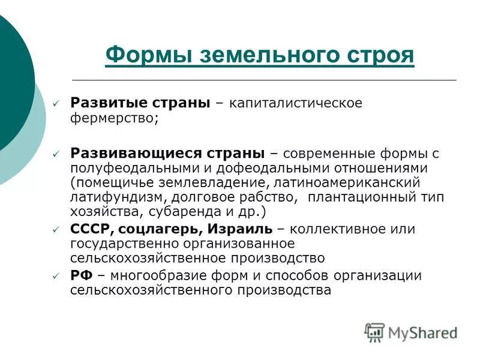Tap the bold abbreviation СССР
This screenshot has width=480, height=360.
coord(91,229)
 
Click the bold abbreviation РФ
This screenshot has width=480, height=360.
coord(81,275)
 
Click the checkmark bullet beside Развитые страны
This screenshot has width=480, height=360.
coord(56,104)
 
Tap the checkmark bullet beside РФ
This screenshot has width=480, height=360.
coord(56,277)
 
